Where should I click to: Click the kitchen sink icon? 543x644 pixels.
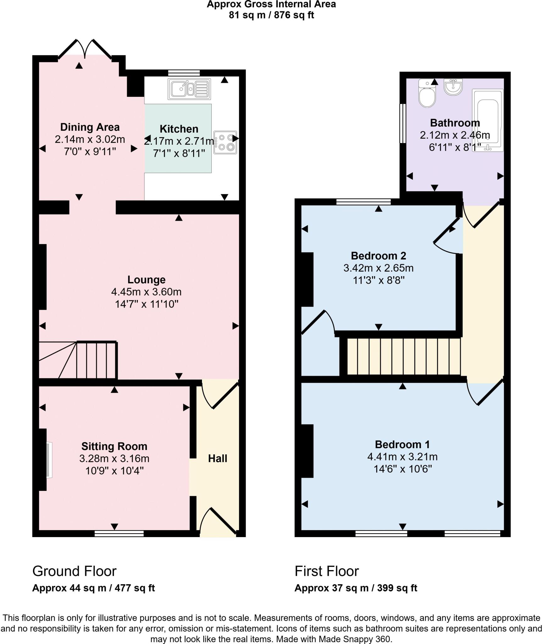tap(189, 89)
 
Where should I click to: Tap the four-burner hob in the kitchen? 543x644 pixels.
tap(226, 142)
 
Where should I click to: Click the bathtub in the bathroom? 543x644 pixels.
tap(488, 120)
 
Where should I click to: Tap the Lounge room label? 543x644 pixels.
tap(146, 280)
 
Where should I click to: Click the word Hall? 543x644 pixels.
tap(217, 458)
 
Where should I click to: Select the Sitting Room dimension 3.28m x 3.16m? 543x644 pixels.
tap(114, 458)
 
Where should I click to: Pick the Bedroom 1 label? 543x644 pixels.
tap(402, 444)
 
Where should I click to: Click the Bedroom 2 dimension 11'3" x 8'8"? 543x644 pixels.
tap(378, 280)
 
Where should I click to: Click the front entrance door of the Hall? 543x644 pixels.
tap(219, 522)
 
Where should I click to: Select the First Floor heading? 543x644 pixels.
tap(327, 571)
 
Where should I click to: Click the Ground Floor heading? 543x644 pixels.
tap(74, 571)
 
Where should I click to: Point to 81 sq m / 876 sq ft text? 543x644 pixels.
tap(271, 15)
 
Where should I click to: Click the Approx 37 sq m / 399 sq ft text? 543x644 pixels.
tap(355, 588)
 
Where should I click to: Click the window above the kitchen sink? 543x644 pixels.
tap(184, 73)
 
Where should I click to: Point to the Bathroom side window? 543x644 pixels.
tap(402, 123)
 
